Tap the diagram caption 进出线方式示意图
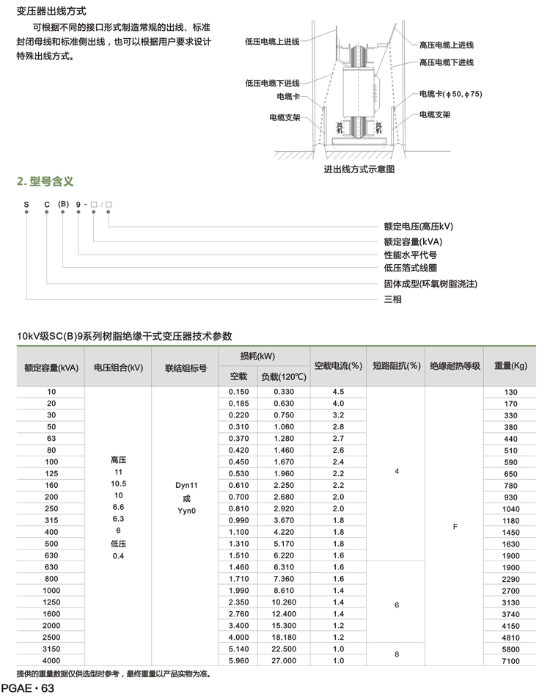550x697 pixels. click(359, 169)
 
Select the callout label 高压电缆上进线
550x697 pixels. click(447, 45)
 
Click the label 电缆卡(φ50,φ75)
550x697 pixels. click(450, 95)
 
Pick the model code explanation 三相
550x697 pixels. click(393, 299)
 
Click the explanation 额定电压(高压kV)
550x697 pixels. click(419, 227)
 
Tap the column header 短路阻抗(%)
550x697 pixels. click(396, 365)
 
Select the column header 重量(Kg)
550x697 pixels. click(510, 365)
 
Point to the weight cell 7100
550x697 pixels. click(510, 661)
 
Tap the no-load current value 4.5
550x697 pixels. click(338, 392)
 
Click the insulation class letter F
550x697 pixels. click(455, 526)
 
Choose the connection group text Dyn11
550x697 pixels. click(186, 486)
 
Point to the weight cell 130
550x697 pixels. click(510, 393)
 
